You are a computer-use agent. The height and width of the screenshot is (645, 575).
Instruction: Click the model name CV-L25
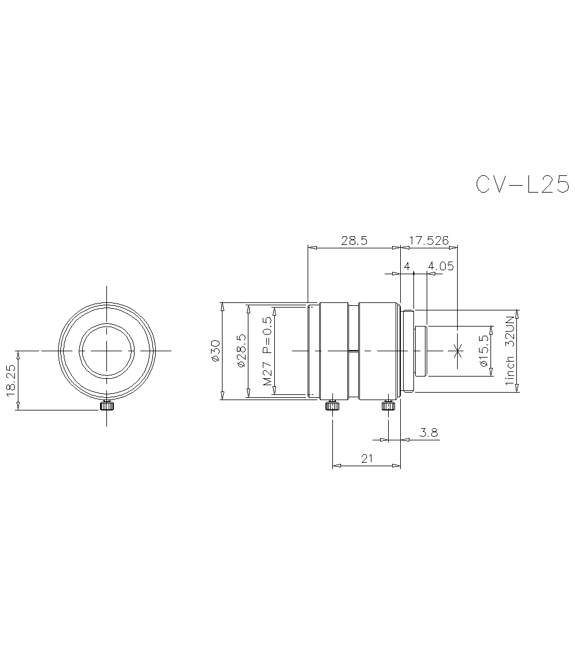(x=522, y=185)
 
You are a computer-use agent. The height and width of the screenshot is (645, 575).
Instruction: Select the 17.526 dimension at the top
(x=428, y=240)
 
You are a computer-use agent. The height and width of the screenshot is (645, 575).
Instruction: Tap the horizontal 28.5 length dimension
(x=354, y=240)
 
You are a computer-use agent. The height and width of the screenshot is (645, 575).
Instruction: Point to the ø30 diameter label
(x=215, y=351)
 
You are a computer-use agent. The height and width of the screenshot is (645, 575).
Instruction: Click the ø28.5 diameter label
(x=241, y=351)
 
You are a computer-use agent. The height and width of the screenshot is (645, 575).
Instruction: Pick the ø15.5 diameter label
(x=483, y=351)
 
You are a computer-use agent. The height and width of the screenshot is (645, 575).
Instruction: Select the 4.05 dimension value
(x=441, y=266)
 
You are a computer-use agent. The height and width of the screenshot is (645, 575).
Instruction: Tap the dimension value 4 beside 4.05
(x=407, y=266)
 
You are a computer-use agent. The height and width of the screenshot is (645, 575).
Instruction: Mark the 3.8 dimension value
(x=428, y=432)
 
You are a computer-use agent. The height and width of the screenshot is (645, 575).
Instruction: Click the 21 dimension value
(x=367, y=458)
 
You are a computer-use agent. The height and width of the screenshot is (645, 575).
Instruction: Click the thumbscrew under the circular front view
(x=107, y=406)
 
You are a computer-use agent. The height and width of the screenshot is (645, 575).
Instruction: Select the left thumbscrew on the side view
(x=332, y=406)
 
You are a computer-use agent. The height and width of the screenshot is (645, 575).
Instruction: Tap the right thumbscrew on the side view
(x=388, y=406)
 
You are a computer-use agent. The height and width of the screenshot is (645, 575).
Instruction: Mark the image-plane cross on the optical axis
(x=458, y=350)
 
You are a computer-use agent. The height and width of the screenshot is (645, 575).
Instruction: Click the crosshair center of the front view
(x=107, y=350)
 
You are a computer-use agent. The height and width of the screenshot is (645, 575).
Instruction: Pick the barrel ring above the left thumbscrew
(x=333, y=350)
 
